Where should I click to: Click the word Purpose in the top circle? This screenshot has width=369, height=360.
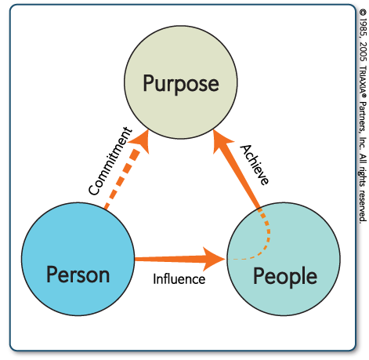coord(181,84)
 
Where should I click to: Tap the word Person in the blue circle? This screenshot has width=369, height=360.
coord(78,275)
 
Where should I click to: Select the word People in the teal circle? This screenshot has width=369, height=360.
coord(285,277)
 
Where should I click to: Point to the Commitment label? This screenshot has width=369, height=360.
coord(110,161)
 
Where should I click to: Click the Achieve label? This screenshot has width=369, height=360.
coord(255,165)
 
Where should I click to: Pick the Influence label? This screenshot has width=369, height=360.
coord(179,279)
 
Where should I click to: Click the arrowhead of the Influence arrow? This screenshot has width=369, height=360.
coord(214,259)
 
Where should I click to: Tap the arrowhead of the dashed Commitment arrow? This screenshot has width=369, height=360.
coord(139,140)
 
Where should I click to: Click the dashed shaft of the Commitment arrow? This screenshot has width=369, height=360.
coord(121,180)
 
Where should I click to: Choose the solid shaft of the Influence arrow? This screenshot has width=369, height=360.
coord(169,259)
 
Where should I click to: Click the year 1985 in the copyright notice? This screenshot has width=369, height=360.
coord(363,27)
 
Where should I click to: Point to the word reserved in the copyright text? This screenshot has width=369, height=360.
coord(363,205)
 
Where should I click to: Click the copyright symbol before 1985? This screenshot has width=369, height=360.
coord(363,13)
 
